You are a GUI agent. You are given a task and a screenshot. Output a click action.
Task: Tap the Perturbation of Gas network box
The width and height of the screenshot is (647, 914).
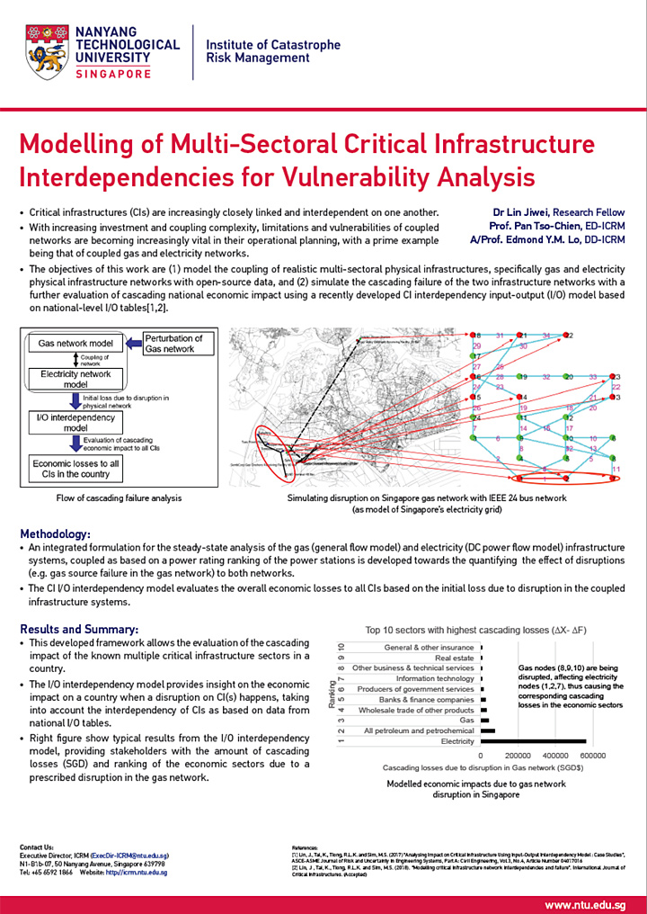pos(173,344)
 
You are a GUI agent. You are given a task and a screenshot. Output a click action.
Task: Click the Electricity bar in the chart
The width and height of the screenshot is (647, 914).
pos(535,742)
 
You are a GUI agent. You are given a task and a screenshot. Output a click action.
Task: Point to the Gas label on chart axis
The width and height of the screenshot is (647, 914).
pos(465,721)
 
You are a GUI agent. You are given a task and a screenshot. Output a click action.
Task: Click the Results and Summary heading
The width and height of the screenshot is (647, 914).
pos(79,629)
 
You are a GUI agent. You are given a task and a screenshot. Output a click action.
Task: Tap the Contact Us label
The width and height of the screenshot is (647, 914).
pos(37,847)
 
